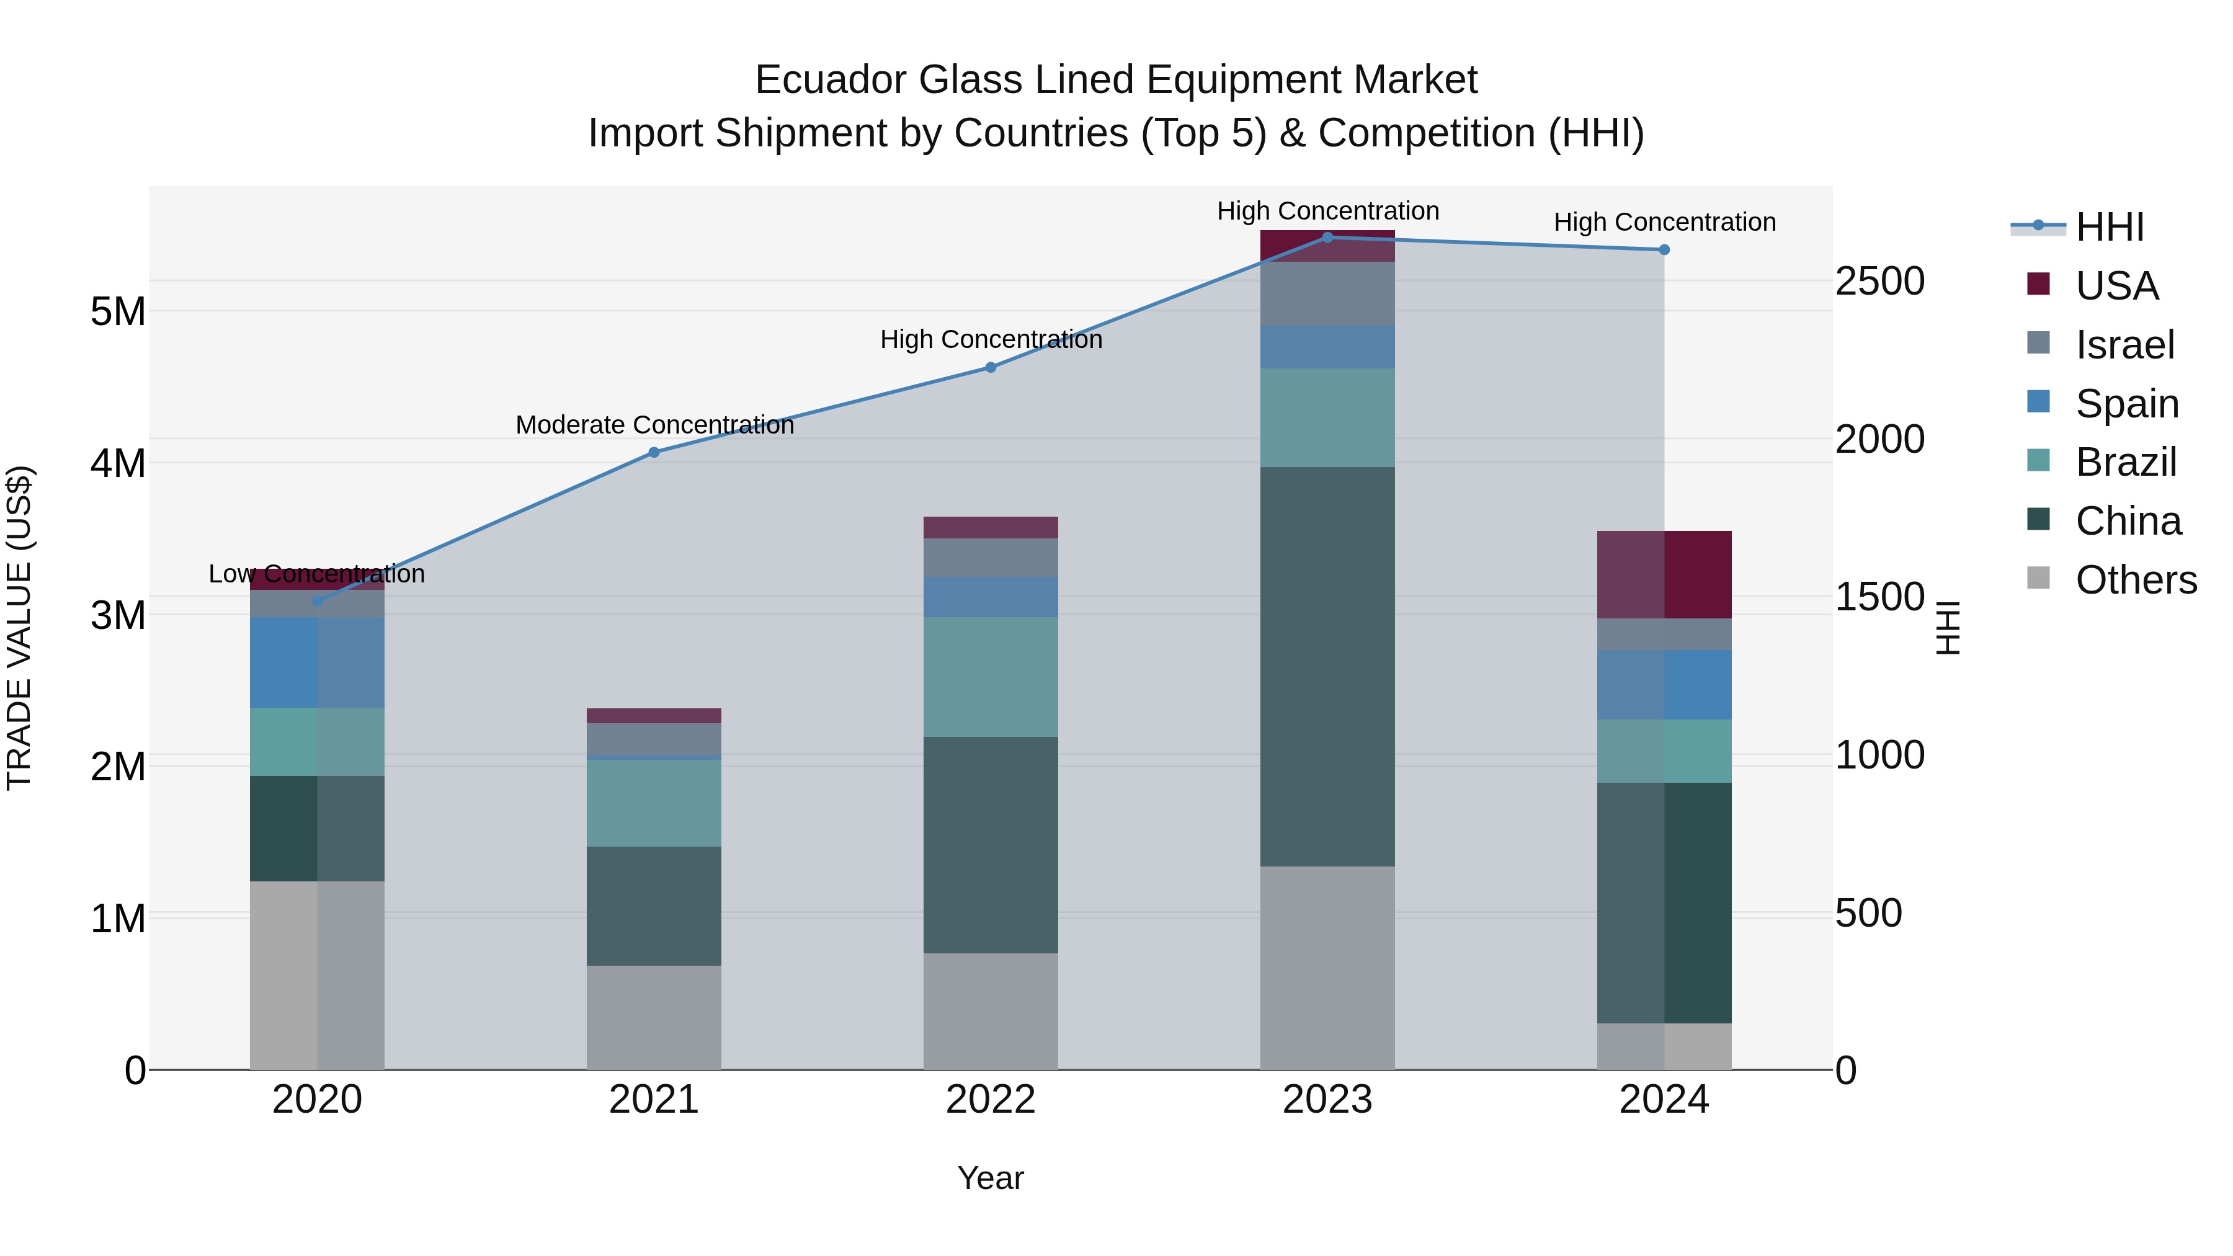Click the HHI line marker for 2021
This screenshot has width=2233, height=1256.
tap(654, 453)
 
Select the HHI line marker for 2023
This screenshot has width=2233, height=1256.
tap(1327, 237)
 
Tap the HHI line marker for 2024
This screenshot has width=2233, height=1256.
tap(1664, 249)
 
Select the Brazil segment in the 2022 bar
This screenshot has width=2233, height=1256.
tap(990, 676)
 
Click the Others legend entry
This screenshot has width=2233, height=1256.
tap(2135, 579)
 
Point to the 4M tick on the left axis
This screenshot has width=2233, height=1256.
tap(118, 463)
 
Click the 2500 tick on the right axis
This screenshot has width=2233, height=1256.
tap(1879, 281)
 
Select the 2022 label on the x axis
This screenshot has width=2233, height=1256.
tap(990, 1100)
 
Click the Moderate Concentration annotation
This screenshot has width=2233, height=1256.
tap(654, 425)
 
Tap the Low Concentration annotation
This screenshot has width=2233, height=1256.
tap(316, 574)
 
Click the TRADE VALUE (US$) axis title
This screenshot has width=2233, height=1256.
tap(19, 628)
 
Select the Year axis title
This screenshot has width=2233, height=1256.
tap(990, 1178)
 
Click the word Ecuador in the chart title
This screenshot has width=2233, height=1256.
tap(831, 80)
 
